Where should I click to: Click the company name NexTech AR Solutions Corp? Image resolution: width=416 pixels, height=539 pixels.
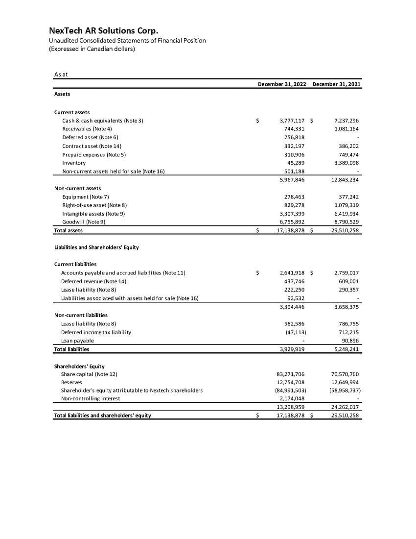tap(103, 31)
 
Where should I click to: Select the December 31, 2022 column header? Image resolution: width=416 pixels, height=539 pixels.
tap(282, 84)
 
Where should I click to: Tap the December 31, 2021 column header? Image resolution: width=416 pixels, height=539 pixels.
tap(337, 84)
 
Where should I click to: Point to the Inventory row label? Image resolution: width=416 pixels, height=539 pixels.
tap(74, 163)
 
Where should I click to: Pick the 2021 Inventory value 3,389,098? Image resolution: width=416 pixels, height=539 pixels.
tap(345, 163)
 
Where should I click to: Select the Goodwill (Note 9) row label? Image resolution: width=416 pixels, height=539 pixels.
tap(84, 222)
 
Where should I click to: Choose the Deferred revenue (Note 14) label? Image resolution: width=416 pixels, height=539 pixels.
tap(93, 281)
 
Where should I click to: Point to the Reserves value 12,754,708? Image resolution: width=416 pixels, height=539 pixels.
tap(291, 382)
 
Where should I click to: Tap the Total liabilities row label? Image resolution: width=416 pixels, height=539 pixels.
tap(71, 349)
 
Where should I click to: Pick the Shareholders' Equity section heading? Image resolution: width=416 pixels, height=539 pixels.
tap(79, 366)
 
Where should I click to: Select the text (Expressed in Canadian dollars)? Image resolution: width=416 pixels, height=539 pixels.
tap(92, 49)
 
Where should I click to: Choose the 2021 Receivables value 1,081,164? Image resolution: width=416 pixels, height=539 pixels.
tap(345, 129)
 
